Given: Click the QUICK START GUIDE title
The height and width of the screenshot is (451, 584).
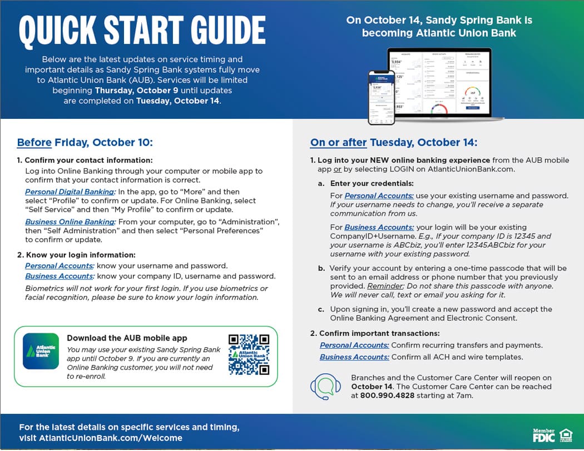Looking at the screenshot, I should click(142, 31).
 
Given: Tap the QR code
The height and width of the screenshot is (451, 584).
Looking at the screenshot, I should click(249, 354).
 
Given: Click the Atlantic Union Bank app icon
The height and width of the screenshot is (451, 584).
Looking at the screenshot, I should click(41, 351).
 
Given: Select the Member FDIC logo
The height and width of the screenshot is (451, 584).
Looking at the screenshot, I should click(543, 435).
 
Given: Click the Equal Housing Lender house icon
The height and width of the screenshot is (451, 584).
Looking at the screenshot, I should click(566, 435).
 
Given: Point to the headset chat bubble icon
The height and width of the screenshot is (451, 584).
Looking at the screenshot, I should click(325, 387).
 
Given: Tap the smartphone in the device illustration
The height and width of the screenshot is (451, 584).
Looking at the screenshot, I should click(382, 97).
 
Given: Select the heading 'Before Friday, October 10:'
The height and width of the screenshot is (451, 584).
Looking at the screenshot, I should click(85, 143).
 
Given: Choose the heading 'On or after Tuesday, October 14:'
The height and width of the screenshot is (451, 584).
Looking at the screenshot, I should click(393, 143).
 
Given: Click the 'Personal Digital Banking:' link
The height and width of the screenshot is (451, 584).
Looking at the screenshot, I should click(70, 192).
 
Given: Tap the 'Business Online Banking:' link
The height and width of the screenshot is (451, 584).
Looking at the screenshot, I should click(70, 222).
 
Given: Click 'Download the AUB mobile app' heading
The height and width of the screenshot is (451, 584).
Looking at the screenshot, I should click(127, 338).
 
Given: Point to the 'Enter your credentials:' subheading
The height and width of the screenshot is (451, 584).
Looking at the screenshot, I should click(372, 183).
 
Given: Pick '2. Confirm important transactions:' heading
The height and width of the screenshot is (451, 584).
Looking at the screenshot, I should click(375, 333).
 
